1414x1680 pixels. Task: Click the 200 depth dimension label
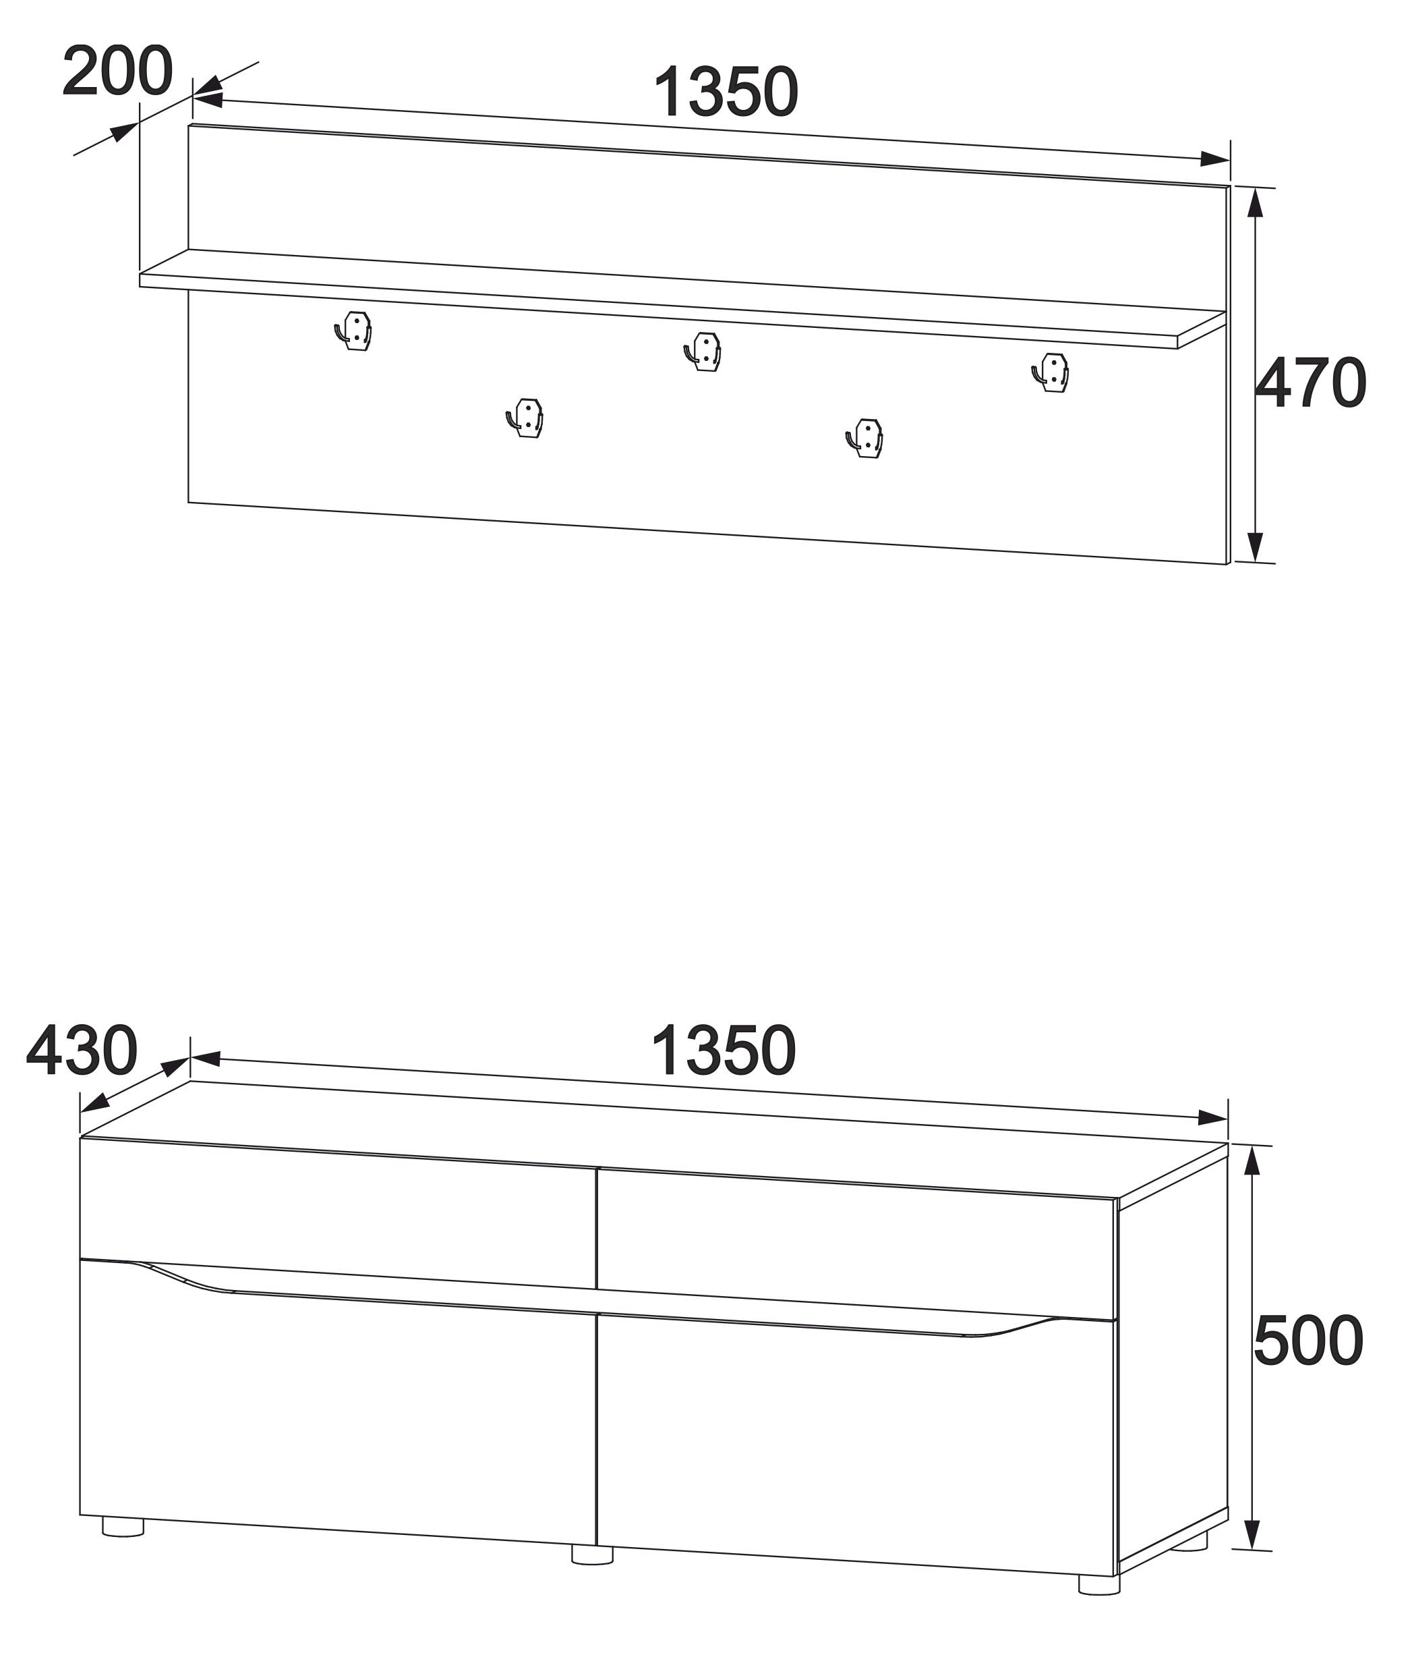pyautogui.click(x=117, y=72)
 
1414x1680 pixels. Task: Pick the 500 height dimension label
pyautogui.click(x=1308, y=1340)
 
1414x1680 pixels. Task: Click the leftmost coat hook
pyautogui.click(x=353, y=331)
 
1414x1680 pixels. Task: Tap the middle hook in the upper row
pyautogui.click(x=703, y=352)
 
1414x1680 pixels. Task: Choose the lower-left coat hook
pyautogui.click(x=525, y=418)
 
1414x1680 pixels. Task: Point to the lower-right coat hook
pyautogui.click(x=865, y=438)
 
